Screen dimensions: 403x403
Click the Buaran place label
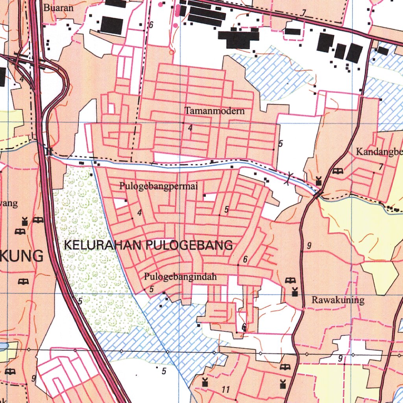point(58,7)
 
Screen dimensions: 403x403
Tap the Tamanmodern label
point(214,111)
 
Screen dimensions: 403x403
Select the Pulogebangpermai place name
point(158,186)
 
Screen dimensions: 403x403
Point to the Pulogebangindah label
point(180,277)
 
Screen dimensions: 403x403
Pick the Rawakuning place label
point(338,300)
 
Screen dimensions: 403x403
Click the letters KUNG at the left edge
point(22,256)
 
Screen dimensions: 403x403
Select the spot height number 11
point(226,390)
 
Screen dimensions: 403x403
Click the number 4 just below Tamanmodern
point(190,128)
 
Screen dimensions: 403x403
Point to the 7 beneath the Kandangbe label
point(381,167)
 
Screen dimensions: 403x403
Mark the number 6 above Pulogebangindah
point(245,259)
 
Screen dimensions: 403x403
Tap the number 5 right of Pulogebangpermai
point(226,210)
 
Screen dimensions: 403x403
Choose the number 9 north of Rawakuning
point(309,246)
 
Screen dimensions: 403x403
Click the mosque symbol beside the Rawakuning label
point(295,292)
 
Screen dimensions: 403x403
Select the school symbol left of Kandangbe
point(337,171)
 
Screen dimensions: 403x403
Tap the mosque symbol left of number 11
point(205,382)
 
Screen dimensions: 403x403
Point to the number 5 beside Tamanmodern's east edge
point(280,144)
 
